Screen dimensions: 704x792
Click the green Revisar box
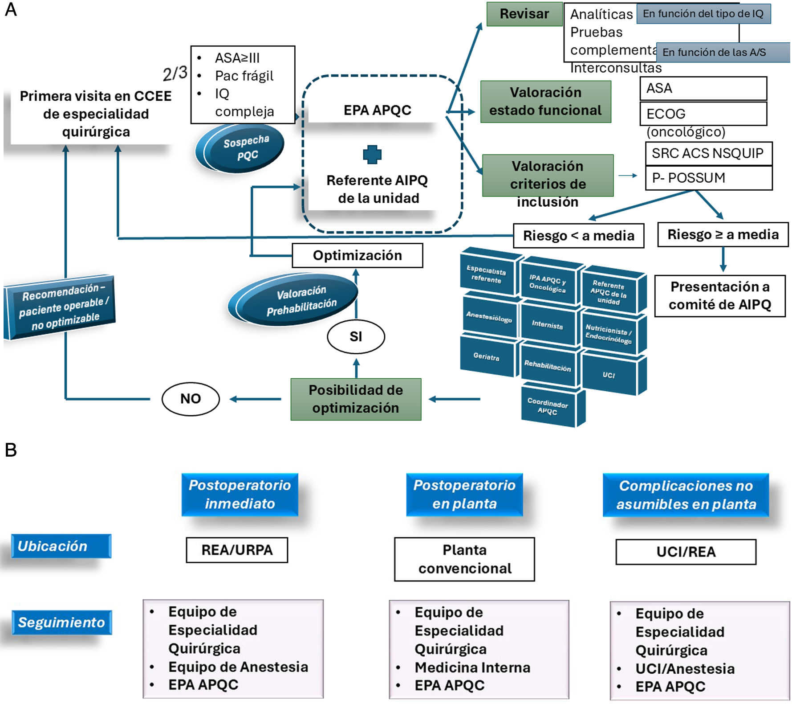(524, 14)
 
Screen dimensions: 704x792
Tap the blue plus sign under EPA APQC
(372, 155)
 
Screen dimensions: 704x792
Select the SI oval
(356, 336)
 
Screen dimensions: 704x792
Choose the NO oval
(191, 398)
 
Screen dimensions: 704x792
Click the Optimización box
(357, 255)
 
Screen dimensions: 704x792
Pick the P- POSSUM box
(708, 178)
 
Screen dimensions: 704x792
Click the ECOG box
(703, 114)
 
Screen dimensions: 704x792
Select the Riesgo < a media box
(578, 236)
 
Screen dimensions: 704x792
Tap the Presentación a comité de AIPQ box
(719, 296)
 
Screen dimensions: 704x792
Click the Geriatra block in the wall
(487, 357)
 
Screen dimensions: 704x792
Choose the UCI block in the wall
(609, 375)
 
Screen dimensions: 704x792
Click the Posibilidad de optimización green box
(356, 399)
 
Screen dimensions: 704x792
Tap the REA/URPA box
(237, 550)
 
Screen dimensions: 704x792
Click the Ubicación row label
(61, 546)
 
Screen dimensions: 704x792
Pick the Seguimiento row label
(61, 622)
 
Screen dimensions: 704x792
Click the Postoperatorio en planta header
(464, 495)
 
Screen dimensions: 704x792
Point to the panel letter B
(11, 450)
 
